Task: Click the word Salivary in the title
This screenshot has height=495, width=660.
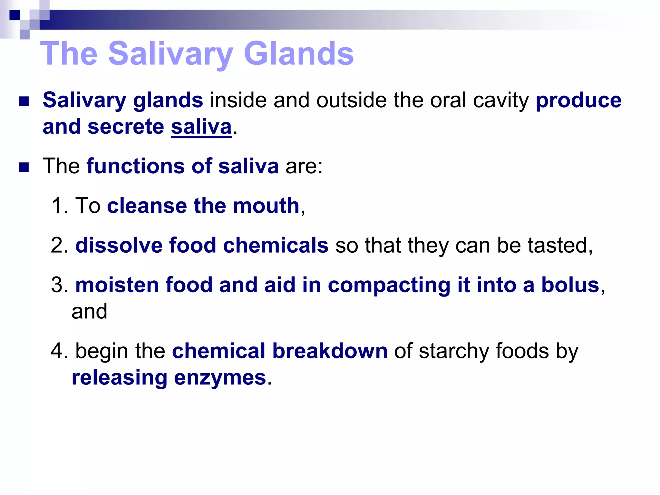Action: (x=170, y=54)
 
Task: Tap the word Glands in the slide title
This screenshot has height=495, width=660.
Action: (x=299, y=53)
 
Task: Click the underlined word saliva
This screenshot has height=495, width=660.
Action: (x=201, y=127)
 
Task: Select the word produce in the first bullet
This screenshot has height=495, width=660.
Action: (x=578, y=100)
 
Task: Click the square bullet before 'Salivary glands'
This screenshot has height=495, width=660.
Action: (x=24, y=102)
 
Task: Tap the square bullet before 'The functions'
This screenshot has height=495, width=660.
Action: (x=24, y=167)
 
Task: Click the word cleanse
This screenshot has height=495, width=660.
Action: (x=147, y=206)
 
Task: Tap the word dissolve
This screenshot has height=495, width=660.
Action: (x=119, y=246)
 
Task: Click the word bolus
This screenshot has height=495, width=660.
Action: (x=570, y=285)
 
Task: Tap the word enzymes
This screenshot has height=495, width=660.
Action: (x=220, y=378)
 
